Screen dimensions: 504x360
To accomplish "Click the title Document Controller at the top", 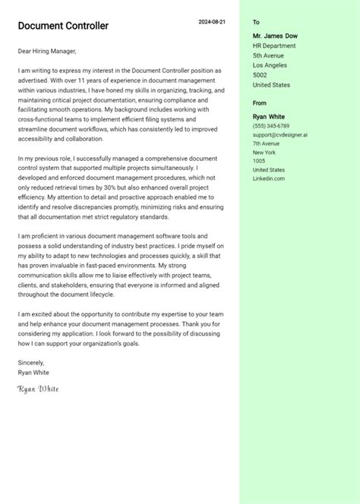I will coord(63,26).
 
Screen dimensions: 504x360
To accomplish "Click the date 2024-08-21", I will coord(212,22).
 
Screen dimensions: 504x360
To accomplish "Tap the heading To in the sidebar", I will coord(256,23).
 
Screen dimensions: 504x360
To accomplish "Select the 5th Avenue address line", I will coord(268,55).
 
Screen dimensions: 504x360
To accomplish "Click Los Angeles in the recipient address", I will coord(271,65).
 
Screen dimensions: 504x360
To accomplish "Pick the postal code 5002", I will coord(260,75).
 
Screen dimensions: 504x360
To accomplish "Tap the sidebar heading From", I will coord(260,102).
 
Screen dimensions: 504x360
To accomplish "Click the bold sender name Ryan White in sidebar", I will coord(269,116).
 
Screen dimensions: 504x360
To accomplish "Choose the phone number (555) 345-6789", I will coord(271,125).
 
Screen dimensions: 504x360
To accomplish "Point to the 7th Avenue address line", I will coord(267,143).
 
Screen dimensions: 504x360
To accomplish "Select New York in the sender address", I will coord(264,153).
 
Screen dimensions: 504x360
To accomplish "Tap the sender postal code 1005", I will coord(259,161).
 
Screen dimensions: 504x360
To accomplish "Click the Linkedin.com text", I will coord(269,178).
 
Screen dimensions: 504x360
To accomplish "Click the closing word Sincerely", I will coord(31,363).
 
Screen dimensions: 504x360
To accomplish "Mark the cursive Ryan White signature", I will coord(38,389).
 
